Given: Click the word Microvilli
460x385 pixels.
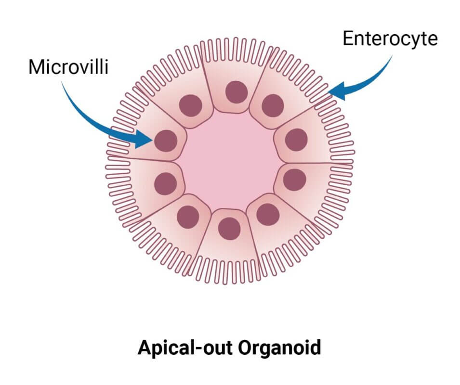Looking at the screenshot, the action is pos(69,67).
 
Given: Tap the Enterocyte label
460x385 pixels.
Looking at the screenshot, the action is pos(390,38).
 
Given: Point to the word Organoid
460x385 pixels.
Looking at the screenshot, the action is pos(279,347).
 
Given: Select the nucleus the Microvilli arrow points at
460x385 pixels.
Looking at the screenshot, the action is pos(166,141).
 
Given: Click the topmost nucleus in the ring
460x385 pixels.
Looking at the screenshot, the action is pos(237,92).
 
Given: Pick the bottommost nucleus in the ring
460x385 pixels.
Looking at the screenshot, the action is pos(229,229).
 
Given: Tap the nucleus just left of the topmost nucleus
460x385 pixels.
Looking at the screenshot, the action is pos(191,105).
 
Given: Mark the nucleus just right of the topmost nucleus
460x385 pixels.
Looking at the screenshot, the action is pos(273,105).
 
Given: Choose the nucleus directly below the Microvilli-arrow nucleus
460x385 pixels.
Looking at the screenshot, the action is pos(166,184).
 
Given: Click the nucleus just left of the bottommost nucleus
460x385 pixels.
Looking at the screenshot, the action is pos(188,217).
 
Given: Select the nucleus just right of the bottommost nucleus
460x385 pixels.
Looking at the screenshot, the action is pos(268,215).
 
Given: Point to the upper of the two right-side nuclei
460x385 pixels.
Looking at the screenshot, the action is pos(296,140).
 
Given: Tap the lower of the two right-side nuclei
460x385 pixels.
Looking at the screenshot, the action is pos(294,180).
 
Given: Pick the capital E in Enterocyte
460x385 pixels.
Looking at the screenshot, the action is pos(348,38).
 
